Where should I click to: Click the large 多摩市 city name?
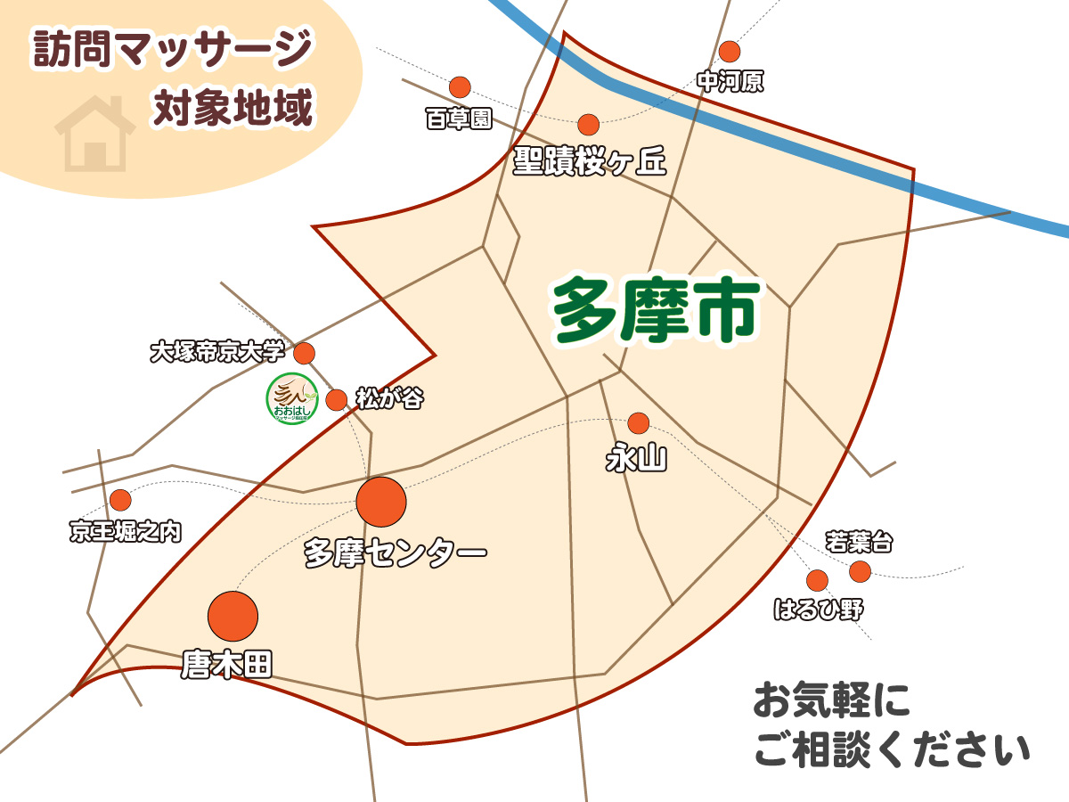656,310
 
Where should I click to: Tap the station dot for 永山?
639,423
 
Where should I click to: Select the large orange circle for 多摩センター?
381,502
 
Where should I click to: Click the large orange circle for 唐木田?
233,616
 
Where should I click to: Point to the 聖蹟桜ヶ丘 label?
589,160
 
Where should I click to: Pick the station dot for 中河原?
730,51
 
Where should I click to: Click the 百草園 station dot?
460,87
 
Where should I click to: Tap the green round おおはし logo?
293,398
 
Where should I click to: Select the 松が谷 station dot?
336,400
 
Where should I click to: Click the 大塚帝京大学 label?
217,352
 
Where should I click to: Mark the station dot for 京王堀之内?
120,500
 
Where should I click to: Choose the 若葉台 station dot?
860,571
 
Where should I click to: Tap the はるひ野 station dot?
817,581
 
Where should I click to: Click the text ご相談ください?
892,749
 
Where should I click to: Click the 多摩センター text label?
395,552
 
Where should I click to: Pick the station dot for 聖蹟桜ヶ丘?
589,125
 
